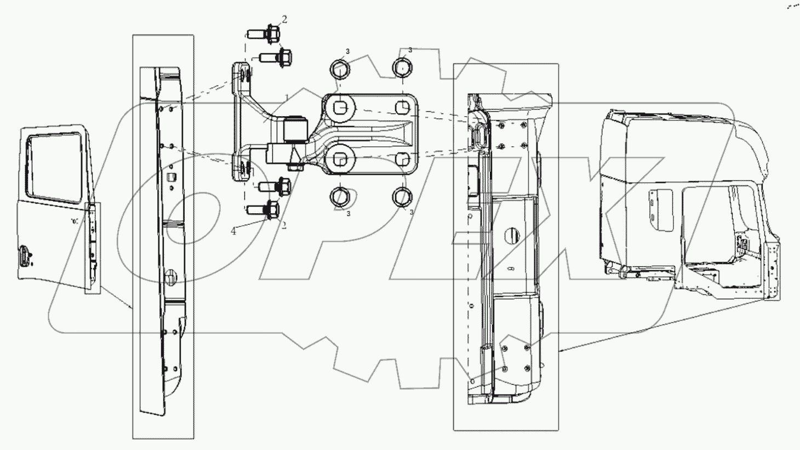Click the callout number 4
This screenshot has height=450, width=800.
[x=234, y=231]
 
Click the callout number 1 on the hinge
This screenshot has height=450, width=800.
[x=286, y=97]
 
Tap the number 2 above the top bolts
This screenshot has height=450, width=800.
[x=284, y=19]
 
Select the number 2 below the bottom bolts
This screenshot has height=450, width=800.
[x=284, y=225]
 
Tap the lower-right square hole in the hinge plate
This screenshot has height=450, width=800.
[x=402, y=160]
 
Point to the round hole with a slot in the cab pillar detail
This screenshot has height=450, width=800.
[x=510, y=236]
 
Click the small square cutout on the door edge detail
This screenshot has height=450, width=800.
[x=170, y=176]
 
